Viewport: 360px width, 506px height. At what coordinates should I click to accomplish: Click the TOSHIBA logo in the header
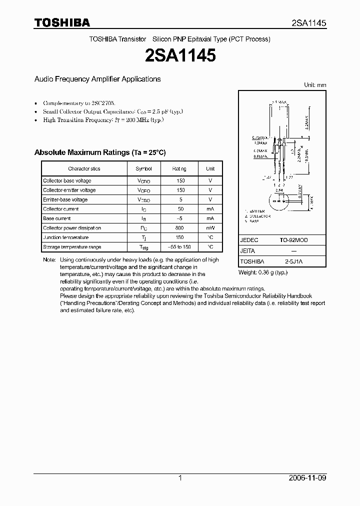tap(62, 22)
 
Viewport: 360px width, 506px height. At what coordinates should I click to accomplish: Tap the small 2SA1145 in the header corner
tap(309, 23)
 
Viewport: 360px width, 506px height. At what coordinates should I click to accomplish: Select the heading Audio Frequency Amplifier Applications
tap(97, 79)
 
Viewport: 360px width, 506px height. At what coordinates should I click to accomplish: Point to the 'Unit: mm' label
tap(315, 85)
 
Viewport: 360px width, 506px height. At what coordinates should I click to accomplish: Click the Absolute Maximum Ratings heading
tap(99, 152)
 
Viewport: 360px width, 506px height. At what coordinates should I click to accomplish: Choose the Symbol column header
tap(144, 169)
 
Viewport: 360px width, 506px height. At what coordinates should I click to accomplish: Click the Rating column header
tap(179, 169)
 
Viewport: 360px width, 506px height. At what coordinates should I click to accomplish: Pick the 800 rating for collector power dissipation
tap(179, 228)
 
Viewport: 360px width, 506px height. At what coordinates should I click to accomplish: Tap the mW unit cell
tap(210, 228)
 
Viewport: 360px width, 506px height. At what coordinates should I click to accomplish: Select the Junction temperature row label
tap(65, 237)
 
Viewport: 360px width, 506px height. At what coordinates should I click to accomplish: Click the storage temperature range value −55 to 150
tap(179, 247)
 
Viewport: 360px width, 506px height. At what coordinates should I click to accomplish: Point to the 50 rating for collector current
tap(179, 209)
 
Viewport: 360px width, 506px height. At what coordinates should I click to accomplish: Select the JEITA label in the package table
tap(247, 251)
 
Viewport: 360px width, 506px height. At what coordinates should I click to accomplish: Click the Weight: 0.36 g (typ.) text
tap(263, 272)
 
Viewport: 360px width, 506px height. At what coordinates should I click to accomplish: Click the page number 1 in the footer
tap(180, 478)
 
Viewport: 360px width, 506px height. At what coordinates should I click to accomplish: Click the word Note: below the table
tap(49, 260)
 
